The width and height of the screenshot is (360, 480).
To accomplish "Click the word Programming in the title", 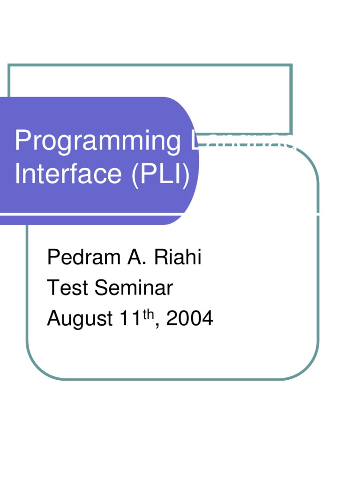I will point(97,142).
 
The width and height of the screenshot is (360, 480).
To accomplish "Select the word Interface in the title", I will point(68,174).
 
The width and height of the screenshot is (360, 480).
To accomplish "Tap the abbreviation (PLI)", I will point(161,174).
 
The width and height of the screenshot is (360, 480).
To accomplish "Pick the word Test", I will point(68,288).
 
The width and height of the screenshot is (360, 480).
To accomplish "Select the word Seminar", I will point(134,288).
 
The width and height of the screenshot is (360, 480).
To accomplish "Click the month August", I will point(80,319).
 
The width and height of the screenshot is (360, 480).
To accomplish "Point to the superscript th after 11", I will point(148,315).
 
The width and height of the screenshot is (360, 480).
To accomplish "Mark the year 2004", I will point(190,319).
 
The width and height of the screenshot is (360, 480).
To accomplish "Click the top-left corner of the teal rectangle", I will point(9,66).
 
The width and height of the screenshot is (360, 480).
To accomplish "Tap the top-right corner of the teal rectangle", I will point(291,66).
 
